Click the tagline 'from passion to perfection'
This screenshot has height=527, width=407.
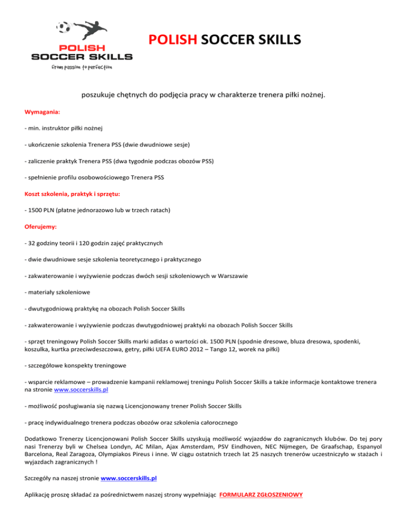tap(82, 67)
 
